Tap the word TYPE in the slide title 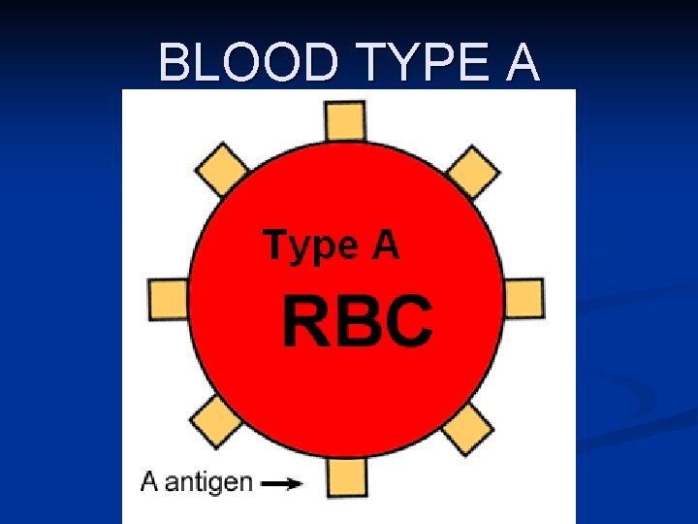pos(411,64)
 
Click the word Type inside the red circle pos(309,246)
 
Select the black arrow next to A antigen pos(282,482)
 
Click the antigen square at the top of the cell pos(345,120)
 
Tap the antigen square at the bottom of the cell pos(346,477)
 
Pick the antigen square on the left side pos(168,298)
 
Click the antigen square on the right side pos(523,298)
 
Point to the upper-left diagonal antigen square pos(222,170)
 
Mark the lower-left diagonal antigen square pos(216,422)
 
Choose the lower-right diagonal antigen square pos(468,427)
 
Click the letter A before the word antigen pos(149,481)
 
